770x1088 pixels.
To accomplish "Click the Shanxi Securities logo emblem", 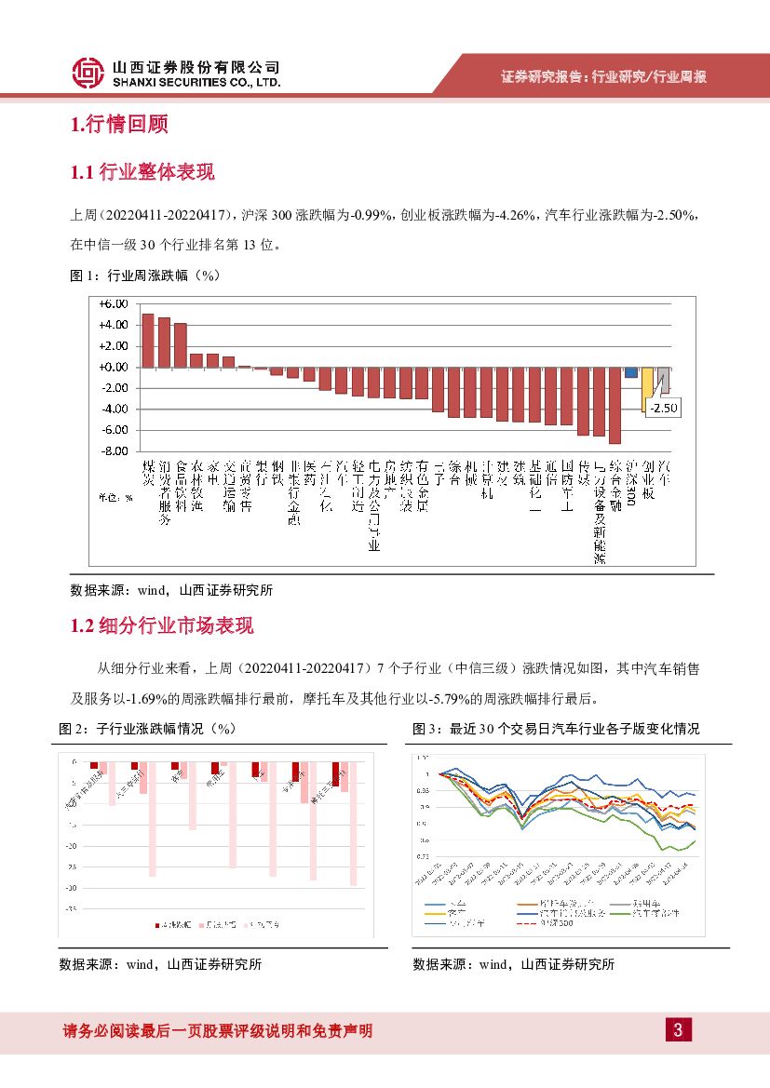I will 88,72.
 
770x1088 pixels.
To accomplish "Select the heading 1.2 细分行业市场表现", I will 162,626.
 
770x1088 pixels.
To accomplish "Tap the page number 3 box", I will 678,1029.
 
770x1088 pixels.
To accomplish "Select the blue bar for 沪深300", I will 631,372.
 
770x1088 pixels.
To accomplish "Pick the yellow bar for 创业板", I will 648,388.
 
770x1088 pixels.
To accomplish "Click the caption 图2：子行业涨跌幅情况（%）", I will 148,729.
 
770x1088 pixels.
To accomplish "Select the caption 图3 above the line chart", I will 555,729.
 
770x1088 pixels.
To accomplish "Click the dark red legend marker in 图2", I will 157,924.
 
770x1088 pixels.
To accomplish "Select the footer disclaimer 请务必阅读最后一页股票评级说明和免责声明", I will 218,1030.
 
